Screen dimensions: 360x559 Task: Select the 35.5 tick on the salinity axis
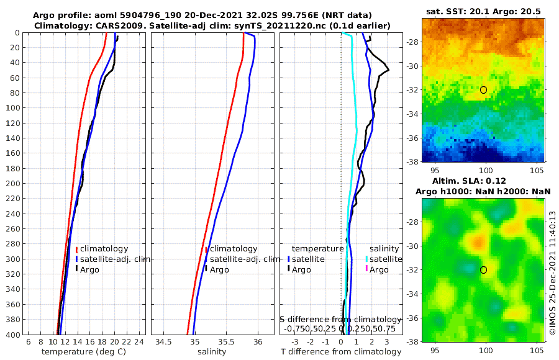[x=227, y=342]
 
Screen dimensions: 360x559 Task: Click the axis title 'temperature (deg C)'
[x=84, y=352]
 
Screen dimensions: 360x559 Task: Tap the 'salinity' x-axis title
[x=211, y=352]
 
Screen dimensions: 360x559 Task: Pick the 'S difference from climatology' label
[x=340, y=319]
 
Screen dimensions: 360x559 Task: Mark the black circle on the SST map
[x=484, y=90]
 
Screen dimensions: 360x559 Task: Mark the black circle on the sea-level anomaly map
[x=484, y=270]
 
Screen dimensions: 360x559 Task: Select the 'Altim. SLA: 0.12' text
[x=484, y=180]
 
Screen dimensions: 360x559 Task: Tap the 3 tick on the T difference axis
[x=386, y=342]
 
